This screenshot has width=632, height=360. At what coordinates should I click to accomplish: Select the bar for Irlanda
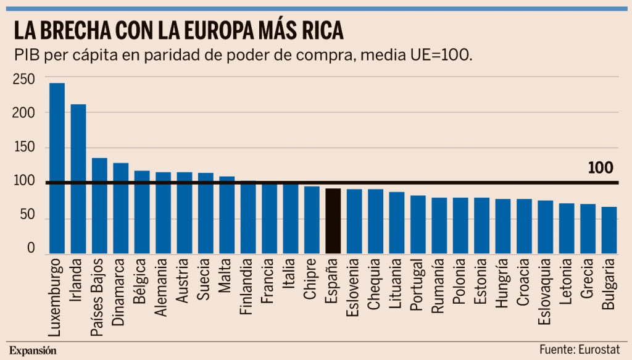click(x=78, y=179)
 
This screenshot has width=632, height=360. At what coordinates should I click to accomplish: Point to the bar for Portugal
click(x=418, y=225)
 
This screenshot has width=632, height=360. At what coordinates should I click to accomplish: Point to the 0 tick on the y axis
click(x=31, y=248)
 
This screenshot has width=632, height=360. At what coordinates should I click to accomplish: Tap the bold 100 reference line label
click(x=600, y=168)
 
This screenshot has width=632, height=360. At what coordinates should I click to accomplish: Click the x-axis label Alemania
click(x=162, y=288)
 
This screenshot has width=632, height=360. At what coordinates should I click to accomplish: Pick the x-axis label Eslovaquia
click(x=546, y=294)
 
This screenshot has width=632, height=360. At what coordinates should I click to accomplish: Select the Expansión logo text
click(x=33, y=350)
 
